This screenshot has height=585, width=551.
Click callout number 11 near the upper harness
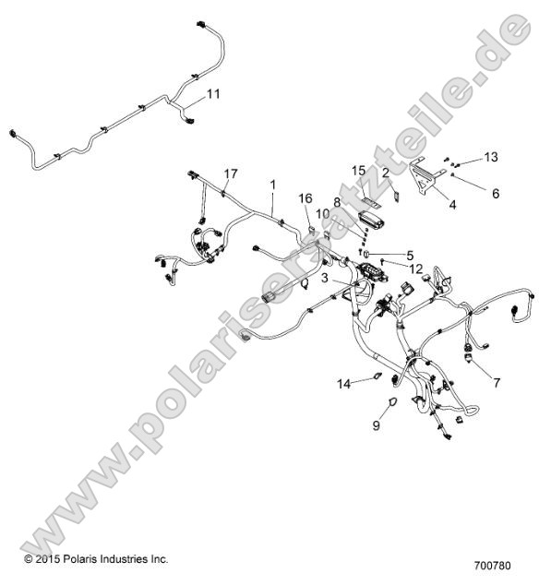(213, 94)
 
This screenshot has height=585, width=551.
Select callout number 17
(231, 173)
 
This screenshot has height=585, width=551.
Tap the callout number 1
(272, 185)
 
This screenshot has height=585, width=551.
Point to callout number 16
(305, 198)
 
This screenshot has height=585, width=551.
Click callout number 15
(360, 171)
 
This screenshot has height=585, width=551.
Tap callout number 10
(322, 214)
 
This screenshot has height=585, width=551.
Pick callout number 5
(411, 256)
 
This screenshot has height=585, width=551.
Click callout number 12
(416, 268)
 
